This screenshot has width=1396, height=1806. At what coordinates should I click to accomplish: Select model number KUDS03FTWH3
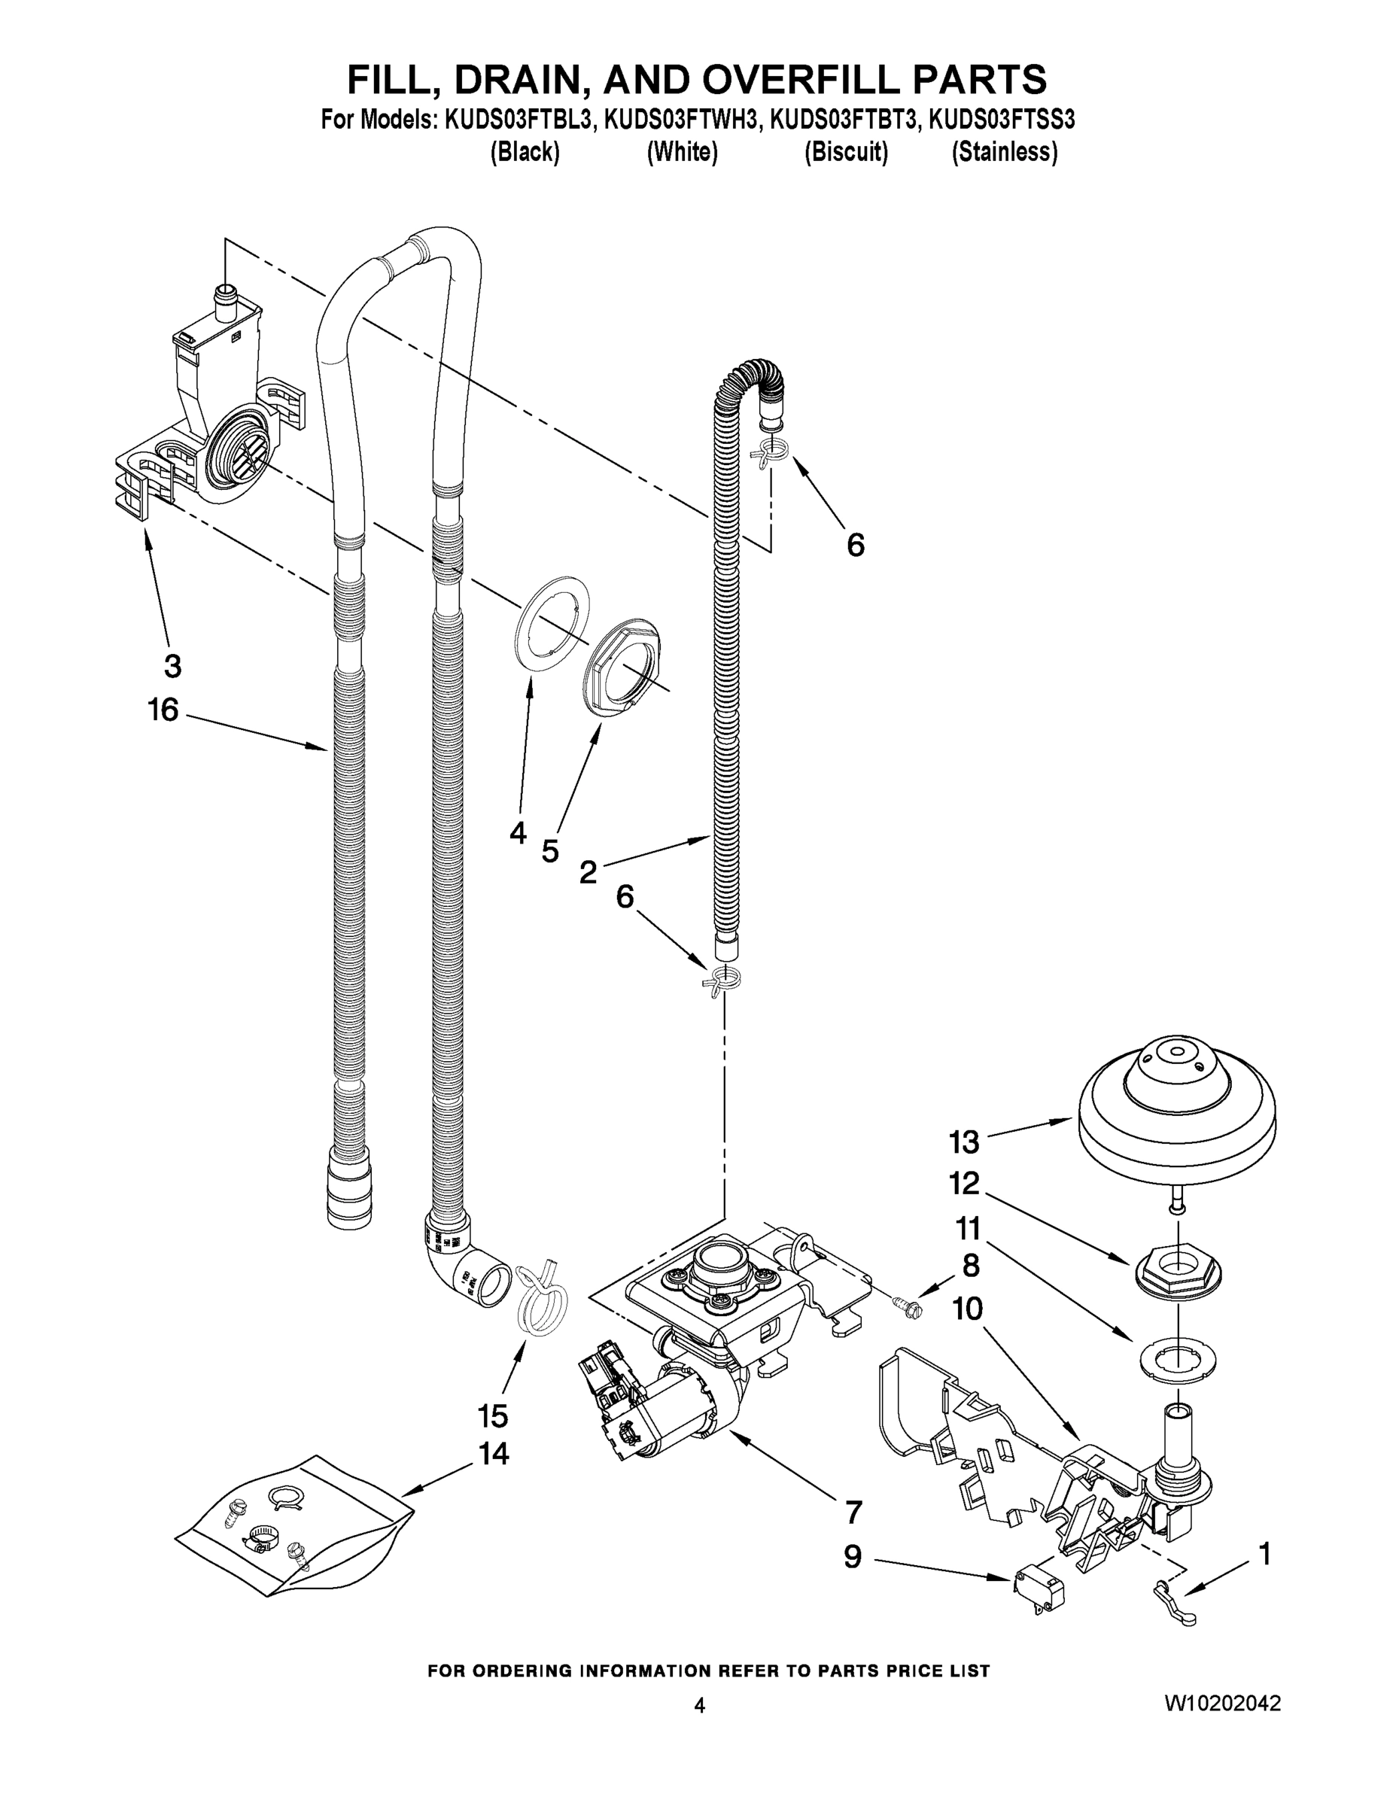point(680,120)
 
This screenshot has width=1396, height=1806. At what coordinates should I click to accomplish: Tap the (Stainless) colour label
point(1004,152)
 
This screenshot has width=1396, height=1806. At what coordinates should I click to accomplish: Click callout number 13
point(964,1143)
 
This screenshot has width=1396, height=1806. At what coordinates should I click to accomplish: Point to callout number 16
point(163,710)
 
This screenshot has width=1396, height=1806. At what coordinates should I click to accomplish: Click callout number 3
point(172,666)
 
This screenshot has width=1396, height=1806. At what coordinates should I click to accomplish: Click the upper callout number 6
point(855,545)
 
